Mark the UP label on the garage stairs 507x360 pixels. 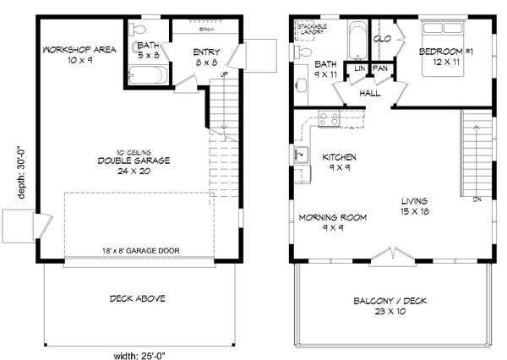tap(223, 75)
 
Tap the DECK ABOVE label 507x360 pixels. tap(136, 298)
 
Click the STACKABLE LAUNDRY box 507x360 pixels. tap(311, 31)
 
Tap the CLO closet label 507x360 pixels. tap(382, 38)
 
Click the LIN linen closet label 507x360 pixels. tap(359, 68)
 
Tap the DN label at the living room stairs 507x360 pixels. tap(477, 199)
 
